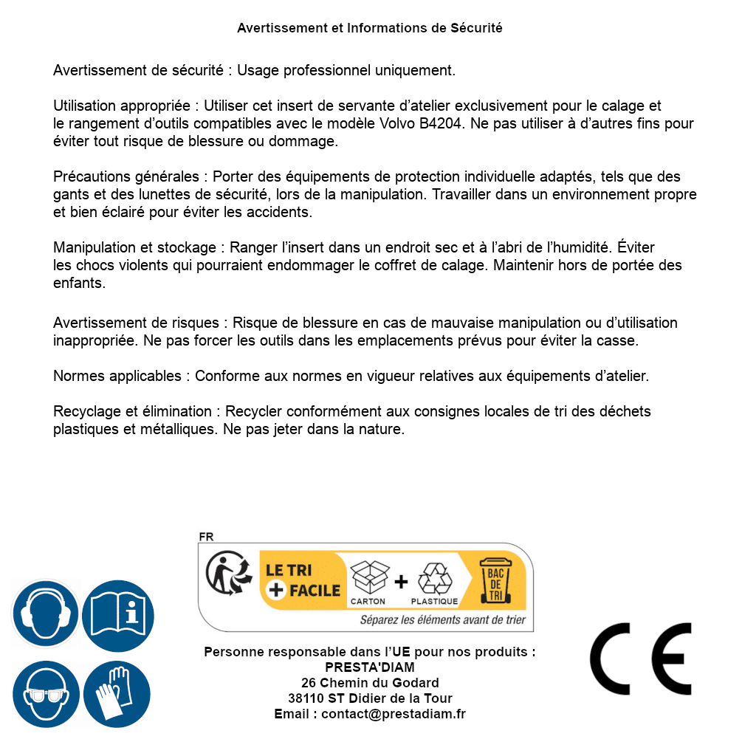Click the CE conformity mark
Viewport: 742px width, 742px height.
click(x=640, y=659)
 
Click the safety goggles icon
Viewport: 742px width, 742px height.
click(x=45, y=693)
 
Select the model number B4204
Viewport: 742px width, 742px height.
click(x=442, y=123)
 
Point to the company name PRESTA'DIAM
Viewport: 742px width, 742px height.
click(x=369, y=667)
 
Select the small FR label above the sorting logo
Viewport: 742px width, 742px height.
click(x=206, y=537)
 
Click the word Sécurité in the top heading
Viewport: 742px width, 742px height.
click(x=476, y=28)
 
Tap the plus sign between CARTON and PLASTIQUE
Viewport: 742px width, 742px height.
click(x=401, y=582)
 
